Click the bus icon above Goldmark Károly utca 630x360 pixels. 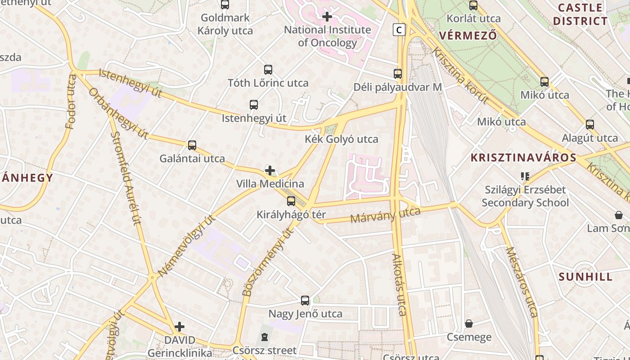click(x=225, y=5)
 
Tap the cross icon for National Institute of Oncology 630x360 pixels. click(x=327, y=17)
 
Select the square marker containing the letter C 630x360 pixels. click(x=399, y=30)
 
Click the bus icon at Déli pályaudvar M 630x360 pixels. click(x=398, y=74)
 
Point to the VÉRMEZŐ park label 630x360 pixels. click(x=468, y=35)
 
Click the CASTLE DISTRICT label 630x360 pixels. click(x=580, y=14)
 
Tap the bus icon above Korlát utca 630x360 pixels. click(x=473, y=5)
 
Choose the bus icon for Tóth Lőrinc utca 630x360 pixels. click(x=268, y=70)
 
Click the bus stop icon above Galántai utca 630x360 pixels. click(x=192, y=145)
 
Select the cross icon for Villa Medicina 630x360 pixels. click(x=270, y=171)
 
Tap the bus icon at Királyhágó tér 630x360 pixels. click(x=291, y=201)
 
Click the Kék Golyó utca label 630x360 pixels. click(x=342, y=139)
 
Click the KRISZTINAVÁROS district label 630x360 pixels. click(x=523, y=157)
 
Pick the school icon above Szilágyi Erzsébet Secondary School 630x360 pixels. click(x=525, y=176)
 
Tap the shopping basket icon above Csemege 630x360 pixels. click(x=469, y=324)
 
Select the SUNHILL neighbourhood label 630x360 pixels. click(x=586, y=277)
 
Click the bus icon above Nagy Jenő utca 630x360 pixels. click(x=305, y=301)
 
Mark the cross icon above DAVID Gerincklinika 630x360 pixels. click(x=180, y=326)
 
